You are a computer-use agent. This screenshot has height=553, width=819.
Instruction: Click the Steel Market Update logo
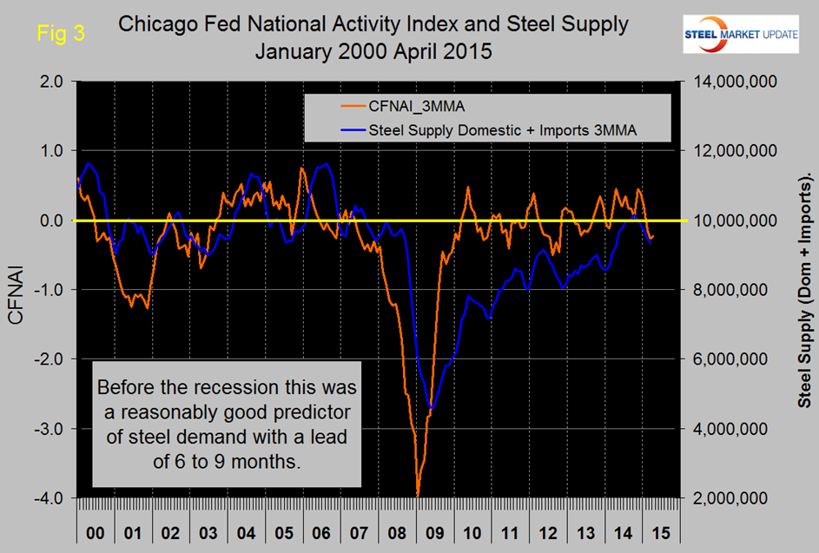pos(751,33)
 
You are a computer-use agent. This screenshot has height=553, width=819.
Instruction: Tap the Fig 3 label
pos(59,34)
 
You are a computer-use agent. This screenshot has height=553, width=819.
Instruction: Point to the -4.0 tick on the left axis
pos(47,498)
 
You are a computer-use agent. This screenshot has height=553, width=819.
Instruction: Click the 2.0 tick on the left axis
pos(50,82)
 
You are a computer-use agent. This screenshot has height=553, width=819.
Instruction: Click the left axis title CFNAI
pos(17,290)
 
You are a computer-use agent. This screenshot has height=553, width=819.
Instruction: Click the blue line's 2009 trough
pos(433,407)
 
